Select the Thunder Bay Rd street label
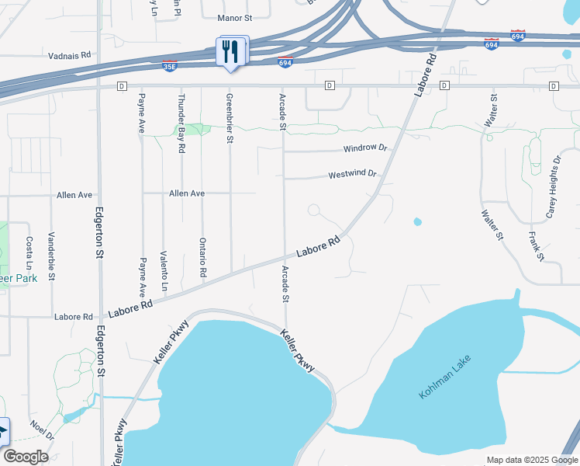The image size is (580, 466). coord(181,123)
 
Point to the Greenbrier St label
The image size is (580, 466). coord(230,119)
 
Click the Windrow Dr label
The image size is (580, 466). coord(364,148)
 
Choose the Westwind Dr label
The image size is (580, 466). coord(352,175)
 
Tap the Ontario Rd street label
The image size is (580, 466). coord(202,258)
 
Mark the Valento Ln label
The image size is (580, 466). coord(164,270)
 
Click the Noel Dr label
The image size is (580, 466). coord(41,431)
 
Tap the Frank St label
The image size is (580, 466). coord(535,245)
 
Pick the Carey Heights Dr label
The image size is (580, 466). coord(552,187)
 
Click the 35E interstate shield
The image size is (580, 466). coord(170,67)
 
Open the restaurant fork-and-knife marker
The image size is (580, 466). coord(231,52)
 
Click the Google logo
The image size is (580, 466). coord(26,457)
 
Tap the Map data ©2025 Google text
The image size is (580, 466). coord(531,460)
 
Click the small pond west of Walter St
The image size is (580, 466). coord(418,222)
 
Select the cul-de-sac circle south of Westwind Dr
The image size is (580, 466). coord(314,210)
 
